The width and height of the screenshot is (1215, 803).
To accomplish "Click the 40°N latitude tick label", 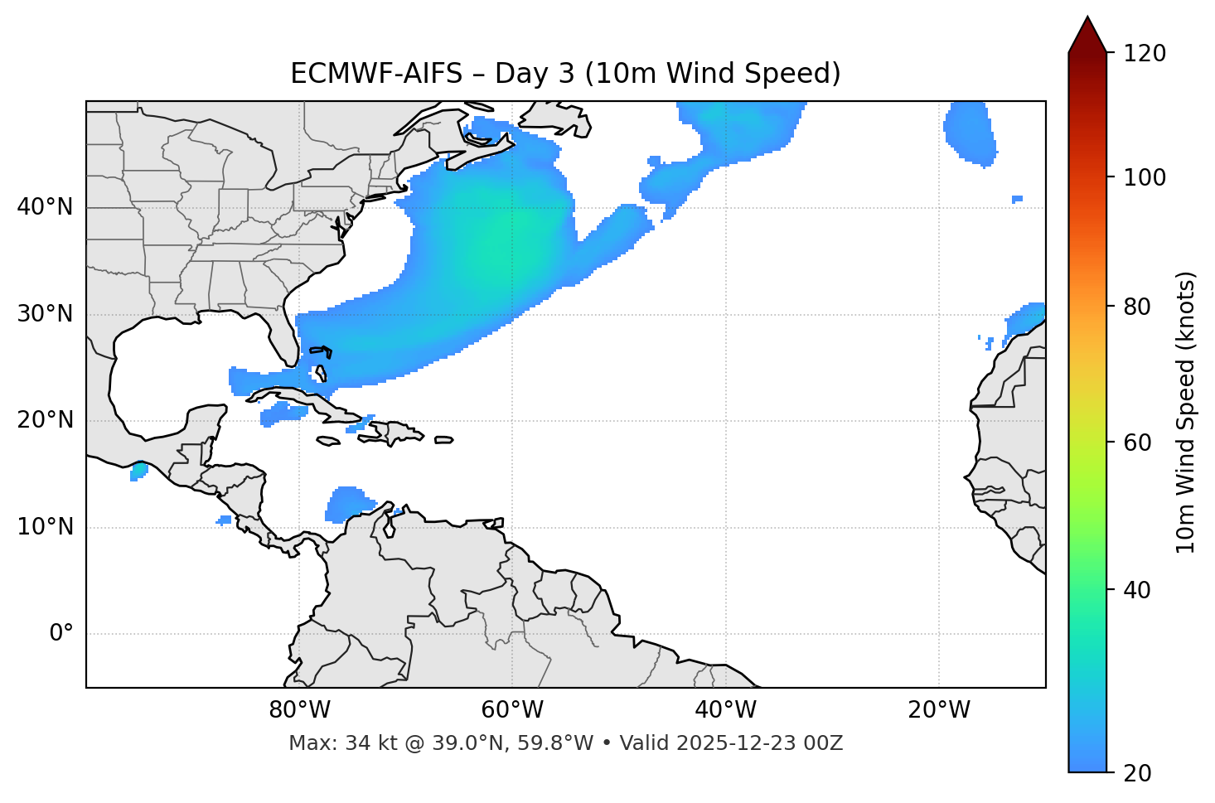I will click(45, 207).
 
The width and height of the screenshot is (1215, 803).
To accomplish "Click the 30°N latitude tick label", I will click(45, 314).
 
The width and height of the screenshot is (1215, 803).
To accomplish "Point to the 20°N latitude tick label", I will click(45, 420).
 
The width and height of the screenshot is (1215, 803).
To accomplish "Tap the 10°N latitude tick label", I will click(45, 527).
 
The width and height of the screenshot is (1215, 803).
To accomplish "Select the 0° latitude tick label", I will click(61, 634).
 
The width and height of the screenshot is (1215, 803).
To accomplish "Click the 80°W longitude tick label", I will click(299, 710).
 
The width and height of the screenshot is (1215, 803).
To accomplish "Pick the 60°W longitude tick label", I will click(512, 710).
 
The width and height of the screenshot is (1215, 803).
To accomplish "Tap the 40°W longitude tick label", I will click(725, 710).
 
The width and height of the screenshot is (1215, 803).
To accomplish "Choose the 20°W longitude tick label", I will click(939, 710).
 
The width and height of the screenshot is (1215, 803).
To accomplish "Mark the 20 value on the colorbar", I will click(1137, 773).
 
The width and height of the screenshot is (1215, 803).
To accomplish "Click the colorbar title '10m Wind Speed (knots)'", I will click(1186, 413).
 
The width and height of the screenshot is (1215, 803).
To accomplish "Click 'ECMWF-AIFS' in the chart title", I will click(375, 74).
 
